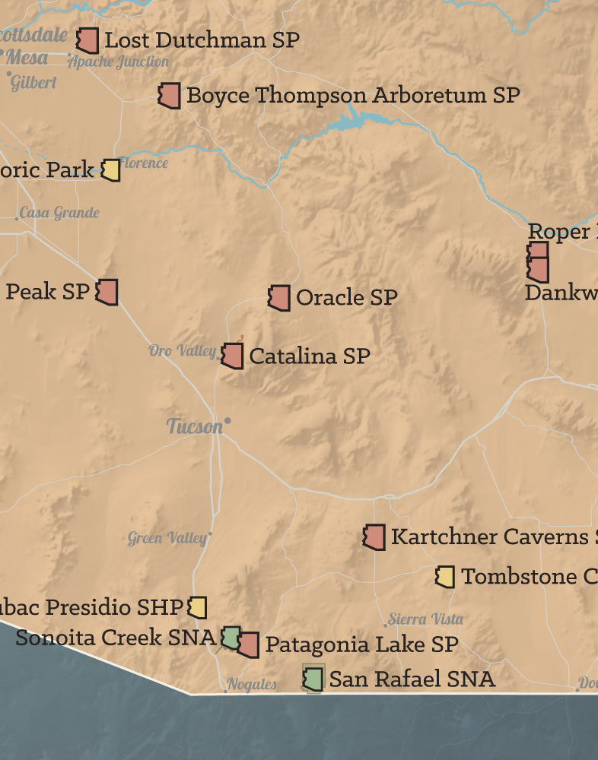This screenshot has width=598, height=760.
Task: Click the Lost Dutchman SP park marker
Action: point(88,40)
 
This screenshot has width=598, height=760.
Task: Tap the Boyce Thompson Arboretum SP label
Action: point(353,96)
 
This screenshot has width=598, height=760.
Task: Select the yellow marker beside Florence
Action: point(111,170)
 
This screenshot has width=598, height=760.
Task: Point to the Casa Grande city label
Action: point(59,213)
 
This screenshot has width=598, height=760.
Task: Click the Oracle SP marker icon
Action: point(279,298)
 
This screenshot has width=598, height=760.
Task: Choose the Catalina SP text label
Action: point(310,356)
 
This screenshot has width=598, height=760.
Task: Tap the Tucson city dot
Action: point(227,420)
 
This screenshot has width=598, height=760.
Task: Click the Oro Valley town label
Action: point(182,350)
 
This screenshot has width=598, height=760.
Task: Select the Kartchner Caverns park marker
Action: point(374,537)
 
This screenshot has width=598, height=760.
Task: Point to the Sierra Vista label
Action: point(425,619)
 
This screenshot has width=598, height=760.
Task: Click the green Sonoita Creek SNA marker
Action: point(231,637)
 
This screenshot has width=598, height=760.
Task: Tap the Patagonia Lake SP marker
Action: point(247,644)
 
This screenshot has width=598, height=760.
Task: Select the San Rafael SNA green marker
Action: point(312,678)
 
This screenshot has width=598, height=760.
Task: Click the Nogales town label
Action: point(252,685)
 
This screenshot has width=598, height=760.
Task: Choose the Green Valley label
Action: point(167,539)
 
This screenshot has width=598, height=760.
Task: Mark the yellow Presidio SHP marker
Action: point(197,607)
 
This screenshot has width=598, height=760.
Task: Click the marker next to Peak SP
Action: point(107,292)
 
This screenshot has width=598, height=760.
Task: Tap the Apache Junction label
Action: point(119,62)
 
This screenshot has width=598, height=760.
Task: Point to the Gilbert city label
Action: point(33,83)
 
